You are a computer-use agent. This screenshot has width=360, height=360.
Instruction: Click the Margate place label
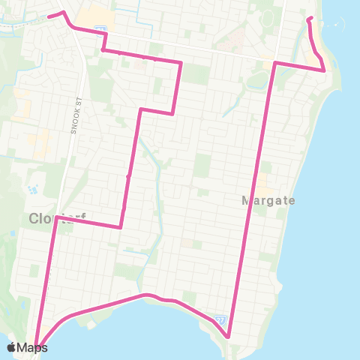[x=268, y=201]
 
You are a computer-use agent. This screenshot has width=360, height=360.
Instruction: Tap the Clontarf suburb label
[x=55, y=219]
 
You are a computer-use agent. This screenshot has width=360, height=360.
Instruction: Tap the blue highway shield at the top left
[x=99, y=29]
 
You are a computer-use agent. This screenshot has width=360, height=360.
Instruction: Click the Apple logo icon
[x=12, y=348]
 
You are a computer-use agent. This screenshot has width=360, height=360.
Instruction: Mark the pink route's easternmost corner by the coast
[x=324, y=70]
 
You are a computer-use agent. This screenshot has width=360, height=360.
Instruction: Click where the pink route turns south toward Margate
[x=275, y=63]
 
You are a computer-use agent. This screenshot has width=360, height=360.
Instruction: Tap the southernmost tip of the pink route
[x=229, y=336]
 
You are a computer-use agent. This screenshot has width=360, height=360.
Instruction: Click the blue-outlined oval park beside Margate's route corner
[x=259, y=79]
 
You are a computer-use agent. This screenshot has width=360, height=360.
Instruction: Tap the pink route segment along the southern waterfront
[x=105, y=304]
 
